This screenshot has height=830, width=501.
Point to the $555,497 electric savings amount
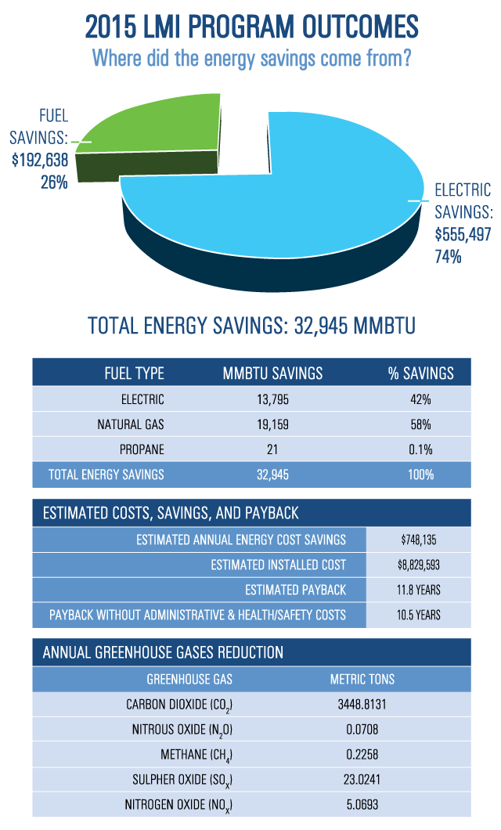click(463, 234)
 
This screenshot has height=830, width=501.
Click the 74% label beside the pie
click(449, 256)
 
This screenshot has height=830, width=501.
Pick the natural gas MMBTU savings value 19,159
click(272, 424)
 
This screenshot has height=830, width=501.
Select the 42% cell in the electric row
click(420, 399)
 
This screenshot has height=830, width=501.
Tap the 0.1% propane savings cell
click(420, 449)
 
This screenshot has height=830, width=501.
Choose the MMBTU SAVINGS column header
click(272, 373)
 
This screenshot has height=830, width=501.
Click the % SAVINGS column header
click(420, 373)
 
